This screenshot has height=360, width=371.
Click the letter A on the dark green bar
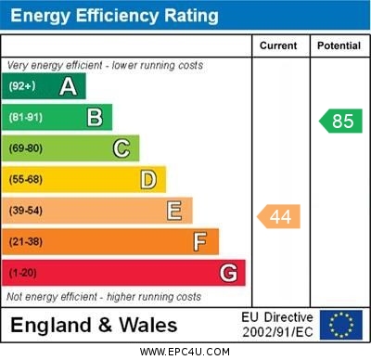pos(68,86)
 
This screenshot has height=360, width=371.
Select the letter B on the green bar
pos(95,117)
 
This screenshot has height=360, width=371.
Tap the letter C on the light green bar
pos(122,148)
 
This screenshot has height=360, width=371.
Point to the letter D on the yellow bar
pos(148,179)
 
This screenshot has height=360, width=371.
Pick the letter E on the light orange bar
pos(174,211)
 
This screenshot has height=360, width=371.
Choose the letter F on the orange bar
pos(200,242)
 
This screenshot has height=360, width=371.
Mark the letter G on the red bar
pos(228,274)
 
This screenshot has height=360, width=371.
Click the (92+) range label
pos(22,86)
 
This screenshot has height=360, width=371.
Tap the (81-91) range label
pos(26,117)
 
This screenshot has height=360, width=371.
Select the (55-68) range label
pos(27,179)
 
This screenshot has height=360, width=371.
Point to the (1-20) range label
pos(23,274)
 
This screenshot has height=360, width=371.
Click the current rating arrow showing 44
pos(279,216)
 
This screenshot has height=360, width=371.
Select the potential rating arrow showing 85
pos(340,121)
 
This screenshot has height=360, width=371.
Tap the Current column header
pos(278,45)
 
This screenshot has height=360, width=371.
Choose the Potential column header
pos(339,45)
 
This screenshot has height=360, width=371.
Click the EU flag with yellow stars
pos(341,325)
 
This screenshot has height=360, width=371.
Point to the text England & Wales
pos(94,325)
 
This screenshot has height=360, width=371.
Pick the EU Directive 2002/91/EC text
pos(278,325)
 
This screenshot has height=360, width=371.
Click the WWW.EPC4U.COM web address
pos(185,352)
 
